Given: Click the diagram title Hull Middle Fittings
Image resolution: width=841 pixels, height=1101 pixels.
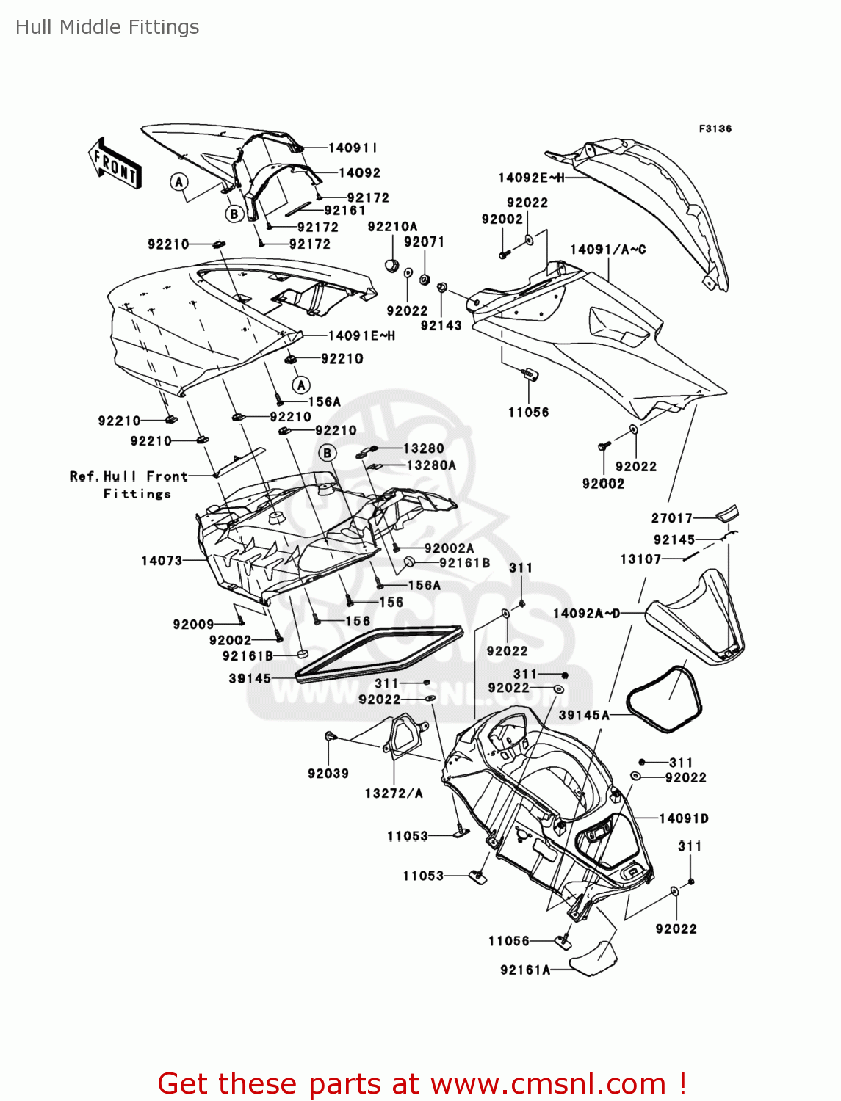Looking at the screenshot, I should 107,27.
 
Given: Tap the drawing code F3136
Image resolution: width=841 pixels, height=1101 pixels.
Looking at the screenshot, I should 715,128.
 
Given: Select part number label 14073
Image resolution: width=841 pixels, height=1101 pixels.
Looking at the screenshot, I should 162,561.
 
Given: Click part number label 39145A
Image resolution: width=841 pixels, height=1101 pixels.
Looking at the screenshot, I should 584,715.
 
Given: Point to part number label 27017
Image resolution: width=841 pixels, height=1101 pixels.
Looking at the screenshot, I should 672,518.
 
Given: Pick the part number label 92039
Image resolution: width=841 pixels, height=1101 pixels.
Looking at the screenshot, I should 328,774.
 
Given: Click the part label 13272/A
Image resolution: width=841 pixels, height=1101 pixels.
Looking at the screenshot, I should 394,793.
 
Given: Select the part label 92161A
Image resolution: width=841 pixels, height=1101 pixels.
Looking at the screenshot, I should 525,970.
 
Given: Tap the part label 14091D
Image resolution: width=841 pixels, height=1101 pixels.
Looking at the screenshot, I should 684,818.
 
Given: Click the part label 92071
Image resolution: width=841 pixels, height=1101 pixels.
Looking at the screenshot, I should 424,242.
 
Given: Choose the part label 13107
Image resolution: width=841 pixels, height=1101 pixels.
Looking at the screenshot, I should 640,559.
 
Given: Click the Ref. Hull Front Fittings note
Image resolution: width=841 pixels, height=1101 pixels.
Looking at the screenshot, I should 129,485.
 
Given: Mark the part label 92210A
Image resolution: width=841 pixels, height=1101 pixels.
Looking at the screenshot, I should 392,227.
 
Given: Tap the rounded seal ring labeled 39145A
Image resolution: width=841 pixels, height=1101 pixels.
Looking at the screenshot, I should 665,700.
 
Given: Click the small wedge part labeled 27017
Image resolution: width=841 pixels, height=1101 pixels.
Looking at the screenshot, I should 727,514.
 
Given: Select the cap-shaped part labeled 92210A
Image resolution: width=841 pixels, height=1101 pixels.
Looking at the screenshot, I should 392,264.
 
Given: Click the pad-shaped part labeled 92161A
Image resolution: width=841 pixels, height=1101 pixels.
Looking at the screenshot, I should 594,959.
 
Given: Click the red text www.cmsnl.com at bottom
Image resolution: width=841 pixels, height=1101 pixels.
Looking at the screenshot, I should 548,1084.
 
